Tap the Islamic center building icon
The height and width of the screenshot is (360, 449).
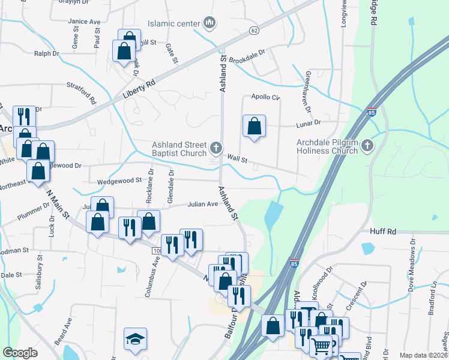(209, 24)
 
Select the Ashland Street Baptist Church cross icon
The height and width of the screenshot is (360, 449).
(216, 147)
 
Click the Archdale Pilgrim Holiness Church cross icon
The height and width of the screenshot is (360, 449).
(366, 146)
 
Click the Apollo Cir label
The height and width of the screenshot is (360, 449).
(265, 97)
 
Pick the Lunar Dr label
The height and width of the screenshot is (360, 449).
(309, 122)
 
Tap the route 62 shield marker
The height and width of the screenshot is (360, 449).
(255, 30)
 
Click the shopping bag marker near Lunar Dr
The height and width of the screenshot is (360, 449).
(255, 127)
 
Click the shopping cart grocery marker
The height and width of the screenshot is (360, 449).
(321, 347)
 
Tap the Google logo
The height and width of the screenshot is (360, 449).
(20, 353)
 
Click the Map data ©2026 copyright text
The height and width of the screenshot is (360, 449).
(424, 355)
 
